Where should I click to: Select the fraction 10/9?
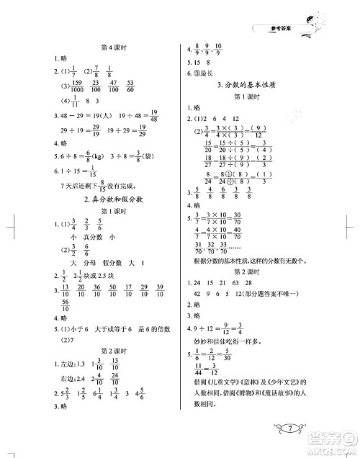[223, 52]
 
